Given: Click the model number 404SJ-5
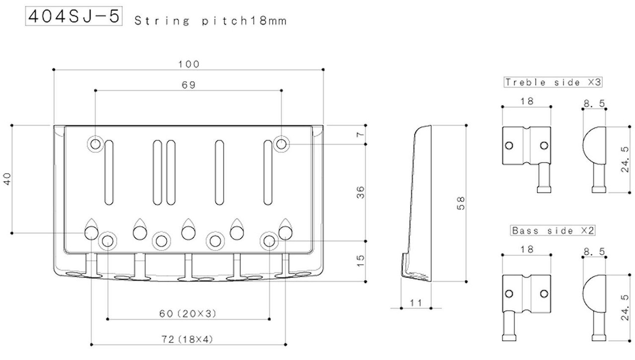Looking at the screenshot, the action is coord(74,16).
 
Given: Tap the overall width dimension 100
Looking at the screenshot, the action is coord(189,64).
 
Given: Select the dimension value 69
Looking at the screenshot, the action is coord(189,85).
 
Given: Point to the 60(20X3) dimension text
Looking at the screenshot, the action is coord(188,313).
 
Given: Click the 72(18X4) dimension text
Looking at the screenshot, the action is coord(187,339).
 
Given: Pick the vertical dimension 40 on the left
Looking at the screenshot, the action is coord(7,179).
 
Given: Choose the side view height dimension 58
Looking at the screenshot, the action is coord(461,203).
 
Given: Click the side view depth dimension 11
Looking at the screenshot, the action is coord(416,303).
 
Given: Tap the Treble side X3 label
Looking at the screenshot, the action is coord(553,82).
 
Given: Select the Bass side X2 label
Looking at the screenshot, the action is coord(553,231).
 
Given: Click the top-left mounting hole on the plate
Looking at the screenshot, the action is coord(95,144).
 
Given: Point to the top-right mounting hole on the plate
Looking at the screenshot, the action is coord(281,144).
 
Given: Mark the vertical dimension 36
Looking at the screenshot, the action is coord(360,192).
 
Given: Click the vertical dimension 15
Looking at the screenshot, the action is coord(360,261).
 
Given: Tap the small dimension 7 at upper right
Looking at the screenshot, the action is coord(360,134).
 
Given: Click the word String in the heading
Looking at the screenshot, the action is coord(162,21).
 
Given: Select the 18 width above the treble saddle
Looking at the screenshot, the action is coord(527,101).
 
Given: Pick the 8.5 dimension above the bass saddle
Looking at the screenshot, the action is coord(594,251).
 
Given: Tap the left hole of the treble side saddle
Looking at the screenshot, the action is coord(509,145).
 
